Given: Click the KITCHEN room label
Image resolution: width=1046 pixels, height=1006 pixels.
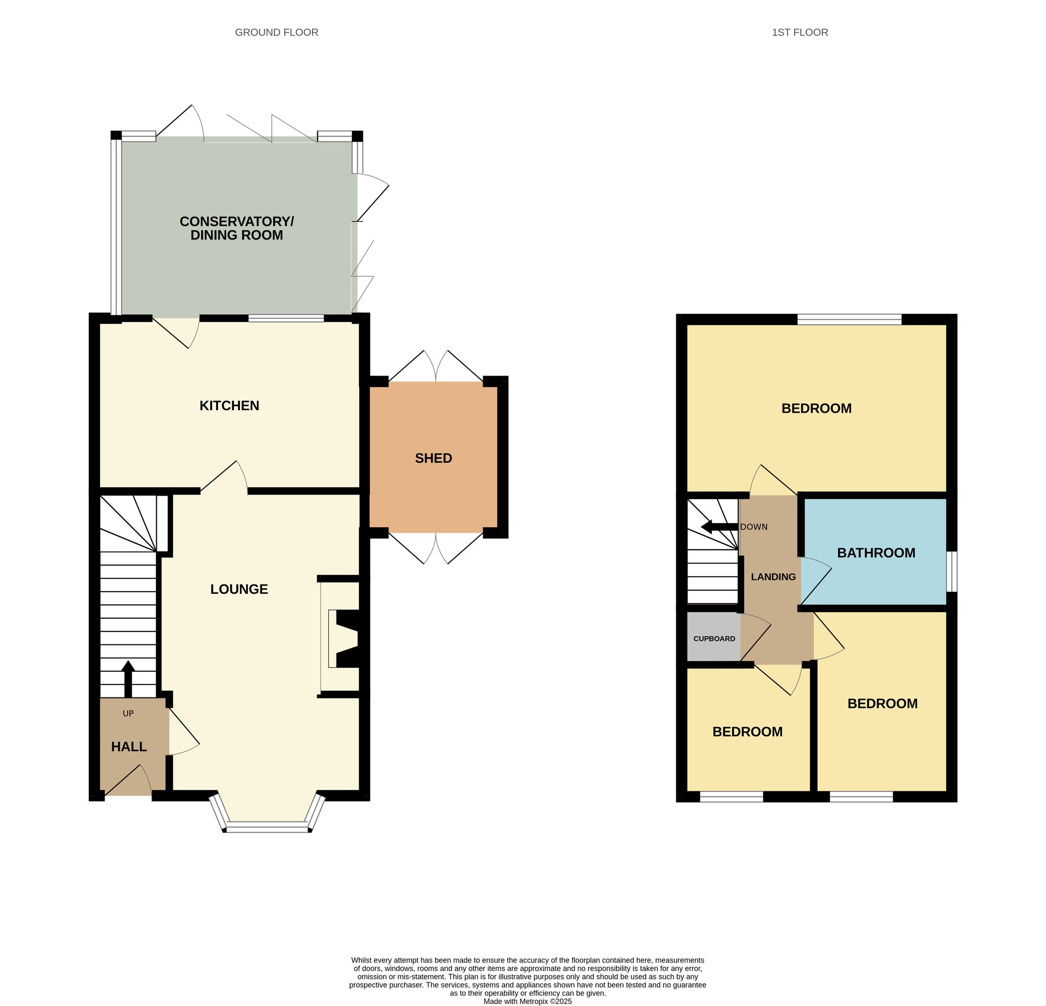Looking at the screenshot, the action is coord(229,406).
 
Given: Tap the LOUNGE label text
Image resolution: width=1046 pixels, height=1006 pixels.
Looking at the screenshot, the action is coord(239,589).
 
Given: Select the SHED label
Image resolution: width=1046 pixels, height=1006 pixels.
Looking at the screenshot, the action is coord(433,458).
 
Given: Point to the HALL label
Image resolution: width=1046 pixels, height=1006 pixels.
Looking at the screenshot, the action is coord(129,746).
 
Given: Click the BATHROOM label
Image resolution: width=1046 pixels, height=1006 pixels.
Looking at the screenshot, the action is coord(876,553).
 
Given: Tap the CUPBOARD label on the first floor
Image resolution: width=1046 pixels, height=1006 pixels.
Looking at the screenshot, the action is coord(714,639).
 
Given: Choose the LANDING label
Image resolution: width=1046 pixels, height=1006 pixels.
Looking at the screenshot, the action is coord(773,577).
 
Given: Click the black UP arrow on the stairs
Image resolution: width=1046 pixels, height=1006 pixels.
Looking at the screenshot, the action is coord(128,679).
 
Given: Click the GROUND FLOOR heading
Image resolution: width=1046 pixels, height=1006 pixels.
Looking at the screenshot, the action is coord(276,33).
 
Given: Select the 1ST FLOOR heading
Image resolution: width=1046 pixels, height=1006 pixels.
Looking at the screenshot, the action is coord(800,33).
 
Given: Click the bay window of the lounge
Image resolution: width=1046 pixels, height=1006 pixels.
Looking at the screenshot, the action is coord(267,825).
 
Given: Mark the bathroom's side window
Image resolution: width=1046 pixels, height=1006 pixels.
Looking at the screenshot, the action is coord(952,572).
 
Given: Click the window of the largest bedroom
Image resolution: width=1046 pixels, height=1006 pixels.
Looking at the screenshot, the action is coord(849,319).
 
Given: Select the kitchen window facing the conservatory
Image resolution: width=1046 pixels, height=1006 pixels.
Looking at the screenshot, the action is coord(286,318).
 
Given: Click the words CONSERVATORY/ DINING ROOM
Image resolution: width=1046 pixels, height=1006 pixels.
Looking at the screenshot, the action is coord(236,228).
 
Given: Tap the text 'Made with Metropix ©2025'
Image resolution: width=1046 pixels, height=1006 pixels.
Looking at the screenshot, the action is coord(527,1001).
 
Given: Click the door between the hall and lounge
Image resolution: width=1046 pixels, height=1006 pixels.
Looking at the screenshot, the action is coord(183,732).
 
